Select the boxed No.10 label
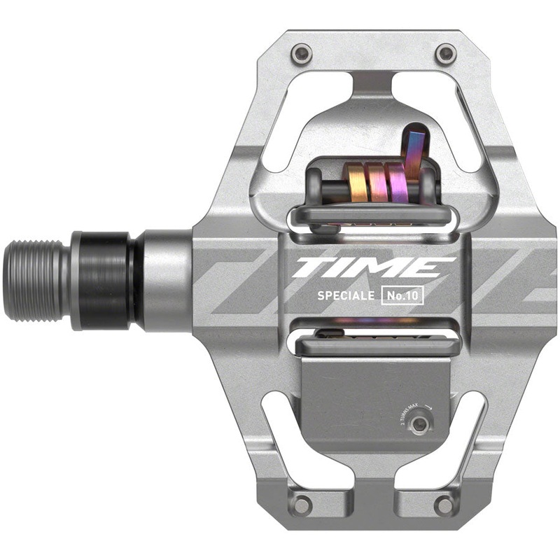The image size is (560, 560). coord(405,295)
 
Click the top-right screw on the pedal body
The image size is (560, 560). coord(444,52)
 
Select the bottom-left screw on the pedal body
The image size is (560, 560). coord(302,505)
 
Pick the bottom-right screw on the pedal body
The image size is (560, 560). coord(443,505)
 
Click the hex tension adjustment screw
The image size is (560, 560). coord(419,425)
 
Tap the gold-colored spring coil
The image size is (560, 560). coord(358,183)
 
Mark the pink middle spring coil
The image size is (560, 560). coord(379,183)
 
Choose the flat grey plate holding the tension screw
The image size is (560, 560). coord(371,399)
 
